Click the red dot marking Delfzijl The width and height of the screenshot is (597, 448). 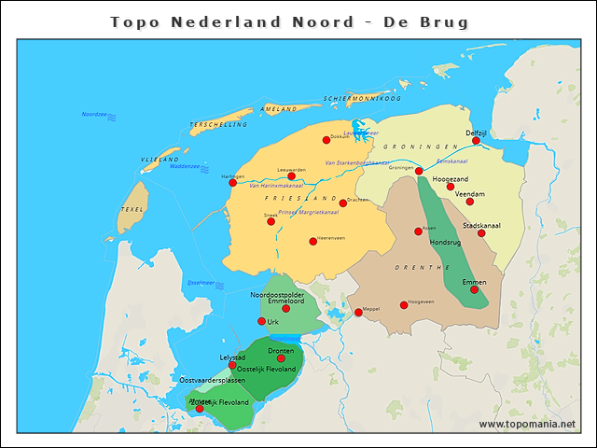(x=476, y=141)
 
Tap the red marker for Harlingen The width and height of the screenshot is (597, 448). (x=232, y=183)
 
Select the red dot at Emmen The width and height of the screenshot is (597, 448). (x=474, y=289)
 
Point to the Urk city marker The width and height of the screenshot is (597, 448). (x=261, y=321)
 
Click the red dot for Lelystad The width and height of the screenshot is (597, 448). (x=232, y=365)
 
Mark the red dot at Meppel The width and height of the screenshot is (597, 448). (x=358, y=313)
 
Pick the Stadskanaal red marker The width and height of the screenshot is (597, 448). (x=481, y=233)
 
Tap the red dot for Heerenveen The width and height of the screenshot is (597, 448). (x=313, y=241)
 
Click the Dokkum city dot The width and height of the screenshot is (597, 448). (x=326, y=140)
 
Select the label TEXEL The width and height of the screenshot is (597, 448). (x=132, y=210)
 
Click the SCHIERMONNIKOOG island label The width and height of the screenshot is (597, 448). (x=362, y=98)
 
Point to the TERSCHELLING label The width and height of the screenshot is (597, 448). (x=218, y=124)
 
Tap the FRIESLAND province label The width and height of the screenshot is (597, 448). (x=300, y=199)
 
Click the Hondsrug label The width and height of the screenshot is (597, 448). (x=445, y=243)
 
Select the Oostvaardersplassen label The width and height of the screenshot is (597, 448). (x=212, y=381)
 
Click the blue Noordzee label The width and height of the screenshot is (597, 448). (x=95, y=115)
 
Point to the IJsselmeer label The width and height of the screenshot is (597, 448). (x=201, y=282)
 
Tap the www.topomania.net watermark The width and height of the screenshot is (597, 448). (x=527, y=425)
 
